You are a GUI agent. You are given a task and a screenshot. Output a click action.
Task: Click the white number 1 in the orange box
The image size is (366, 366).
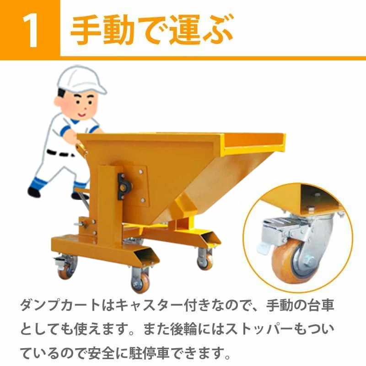point(30,29)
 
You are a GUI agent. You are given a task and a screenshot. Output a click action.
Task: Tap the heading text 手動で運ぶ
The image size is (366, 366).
point(151,29)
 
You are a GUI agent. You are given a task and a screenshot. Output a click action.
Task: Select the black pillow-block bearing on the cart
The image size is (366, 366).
point(124,185)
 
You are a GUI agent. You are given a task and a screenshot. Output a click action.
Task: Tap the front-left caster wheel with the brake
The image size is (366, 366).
point(64,269)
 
